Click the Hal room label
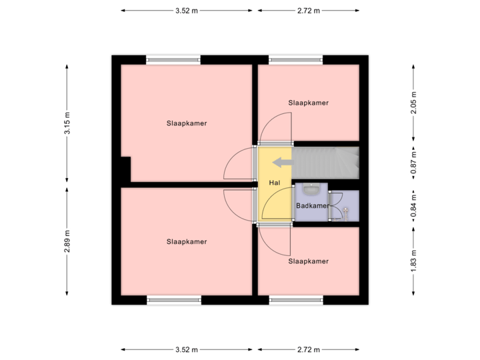[x=274, y=182]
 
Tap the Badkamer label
[x=312, y=206]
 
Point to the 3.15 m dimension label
[x=67, y=124]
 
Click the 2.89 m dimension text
[x=67, y=241]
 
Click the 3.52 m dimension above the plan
[x=187, y=11]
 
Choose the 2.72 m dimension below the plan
[x=308, y=349]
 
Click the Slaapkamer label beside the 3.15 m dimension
[x=187, y=123]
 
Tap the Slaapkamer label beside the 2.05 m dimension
[x=309, y=103]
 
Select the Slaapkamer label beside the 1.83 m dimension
[x=309, y=261]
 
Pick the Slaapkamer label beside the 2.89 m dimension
[x=187, y=241]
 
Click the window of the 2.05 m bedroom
[x=296, y=59]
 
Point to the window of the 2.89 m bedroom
[x=173, y=300]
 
